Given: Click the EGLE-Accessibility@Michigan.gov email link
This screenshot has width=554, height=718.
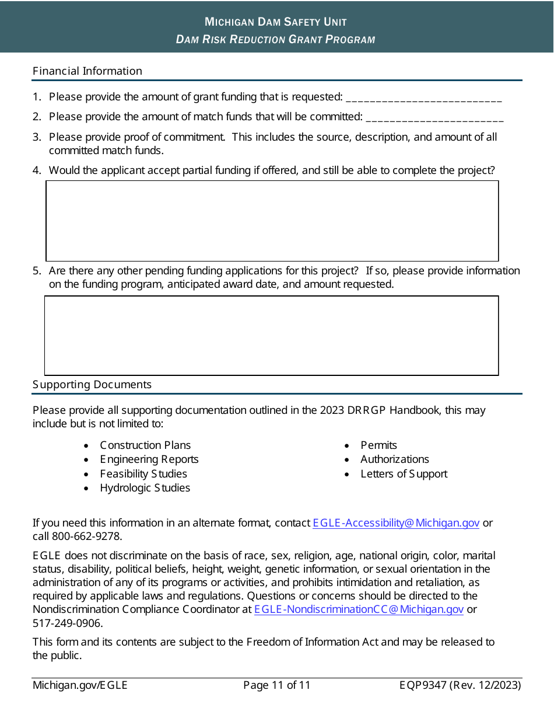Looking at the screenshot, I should [396, 523].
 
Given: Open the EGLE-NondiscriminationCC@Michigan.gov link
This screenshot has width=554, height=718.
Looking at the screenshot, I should [359, 609].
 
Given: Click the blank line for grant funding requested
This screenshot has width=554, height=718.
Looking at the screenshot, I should [423, 97].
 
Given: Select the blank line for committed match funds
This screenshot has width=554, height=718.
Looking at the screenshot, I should [434, 117].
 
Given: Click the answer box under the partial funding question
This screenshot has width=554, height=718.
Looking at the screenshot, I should [272, 221].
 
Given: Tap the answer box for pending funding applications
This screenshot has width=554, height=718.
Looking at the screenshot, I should [272, 335].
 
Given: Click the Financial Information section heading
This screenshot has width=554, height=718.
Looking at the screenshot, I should [87, 71].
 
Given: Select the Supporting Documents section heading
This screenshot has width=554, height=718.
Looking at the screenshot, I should [92, 385].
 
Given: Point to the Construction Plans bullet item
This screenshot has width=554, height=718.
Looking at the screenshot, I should [145, 445].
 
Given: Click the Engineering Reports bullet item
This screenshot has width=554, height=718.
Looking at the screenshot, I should [149, 459].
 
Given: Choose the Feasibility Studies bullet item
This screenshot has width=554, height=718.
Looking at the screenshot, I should [143, 474].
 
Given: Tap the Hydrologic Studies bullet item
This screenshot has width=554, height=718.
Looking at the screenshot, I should [145, 488].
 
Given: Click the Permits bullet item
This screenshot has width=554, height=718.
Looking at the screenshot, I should [378, 445].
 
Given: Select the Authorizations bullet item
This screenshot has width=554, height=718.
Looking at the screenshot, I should [394, 459].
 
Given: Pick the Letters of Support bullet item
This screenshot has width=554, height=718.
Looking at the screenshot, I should [404, 474].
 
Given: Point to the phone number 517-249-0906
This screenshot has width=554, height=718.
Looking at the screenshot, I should [68, 623].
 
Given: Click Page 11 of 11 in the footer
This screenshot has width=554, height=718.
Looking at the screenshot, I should [277, 685].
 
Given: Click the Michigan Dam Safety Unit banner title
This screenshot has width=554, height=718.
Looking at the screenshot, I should [276, 22].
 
